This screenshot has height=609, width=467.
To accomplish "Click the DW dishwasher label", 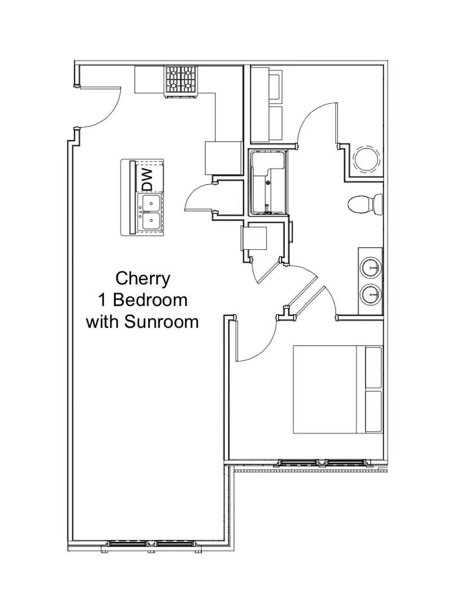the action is tap(148, 179).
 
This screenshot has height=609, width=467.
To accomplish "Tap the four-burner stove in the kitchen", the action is tap(180, 81).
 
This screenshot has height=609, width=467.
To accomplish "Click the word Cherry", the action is tap(143, 279).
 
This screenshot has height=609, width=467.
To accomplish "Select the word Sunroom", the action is tap(161, 321).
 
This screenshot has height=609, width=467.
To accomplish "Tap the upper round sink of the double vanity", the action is tap(371, 268).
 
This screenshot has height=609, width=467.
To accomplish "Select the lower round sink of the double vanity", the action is tap(371, 295).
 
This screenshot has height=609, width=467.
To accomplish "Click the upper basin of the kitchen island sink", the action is tap(151, 202).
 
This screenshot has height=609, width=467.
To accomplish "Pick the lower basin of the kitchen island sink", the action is tap(151, 220).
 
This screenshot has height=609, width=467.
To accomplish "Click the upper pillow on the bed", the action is tap(374, 368).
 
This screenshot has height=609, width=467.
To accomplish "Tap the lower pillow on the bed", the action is tap(374, 411).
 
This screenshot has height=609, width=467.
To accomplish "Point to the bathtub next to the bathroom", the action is tap(269, 182).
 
